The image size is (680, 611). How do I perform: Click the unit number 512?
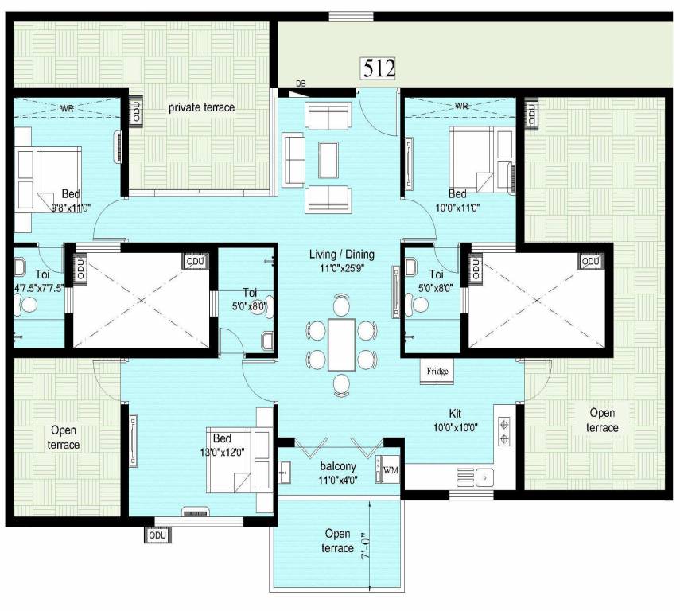[x=379, y=68]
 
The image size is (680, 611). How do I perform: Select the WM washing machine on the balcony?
[x=390, y=470]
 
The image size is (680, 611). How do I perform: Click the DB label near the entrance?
[x=301, y=84]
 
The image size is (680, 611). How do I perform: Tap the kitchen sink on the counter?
[x=482, y=477]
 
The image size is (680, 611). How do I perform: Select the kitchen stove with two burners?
[x=504, y=430]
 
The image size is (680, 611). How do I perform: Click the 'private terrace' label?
[x=201, y=107]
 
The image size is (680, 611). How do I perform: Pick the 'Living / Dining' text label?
[x=342, y=255]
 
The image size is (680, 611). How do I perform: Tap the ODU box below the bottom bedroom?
[x=155, y=535]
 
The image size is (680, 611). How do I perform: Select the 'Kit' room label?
[x=454, y=414]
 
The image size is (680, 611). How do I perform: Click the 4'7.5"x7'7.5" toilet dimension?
[x=33, y=287]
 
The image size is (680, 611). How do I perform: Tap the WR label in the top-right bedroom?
[x=461, y=105]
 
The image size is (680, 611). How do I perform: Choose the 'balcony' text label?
[x=338, y=465]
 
